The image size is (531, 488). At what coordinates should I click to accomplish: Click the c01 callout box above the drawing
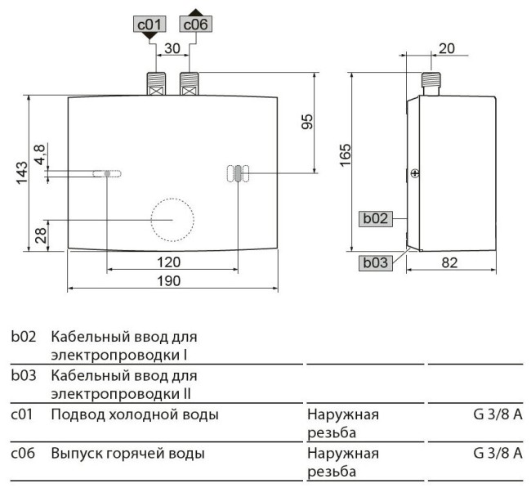click(149, 25)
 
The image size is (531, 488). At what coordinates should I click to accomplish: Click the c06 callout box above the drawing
click(196, 25)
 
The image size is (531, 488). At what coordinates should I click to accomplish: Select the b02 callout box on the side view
click(375, 218)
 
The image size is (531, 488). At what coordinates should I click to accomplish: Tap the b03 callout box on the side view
click(375, 262)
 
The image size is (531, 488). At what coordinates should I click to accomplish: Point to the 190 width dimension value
click(168, 280)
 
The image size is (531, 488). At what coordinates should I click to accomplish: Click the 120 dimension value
click(168, 262)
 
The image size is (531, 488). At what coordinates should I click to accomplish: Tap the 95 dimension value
click(307, 122)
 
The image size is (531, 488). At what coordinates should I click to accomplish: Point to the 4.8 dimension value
click(39, 153)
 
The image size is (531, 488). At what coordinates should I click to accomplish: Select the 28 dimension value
click(39, 236)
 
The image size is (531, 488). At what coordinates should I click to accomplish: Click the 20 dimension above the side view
click(446, 48)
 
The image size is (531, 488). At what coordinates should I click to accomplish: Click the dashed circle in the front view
click(172, 220)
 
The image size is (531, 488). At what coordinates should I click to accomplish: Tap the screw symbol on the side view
click(414, 172)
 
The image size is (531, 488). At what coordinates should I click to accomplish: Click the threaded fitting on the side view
click(431, 83)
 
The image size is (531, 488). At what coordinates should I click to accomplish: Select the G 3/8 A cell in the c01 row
click(497, 415)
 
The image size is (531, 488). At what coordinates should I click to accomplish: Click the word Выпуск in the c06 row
click(74, 453)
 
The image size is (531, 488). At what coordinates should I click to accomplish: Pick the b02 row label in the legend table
click(23, 337)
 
